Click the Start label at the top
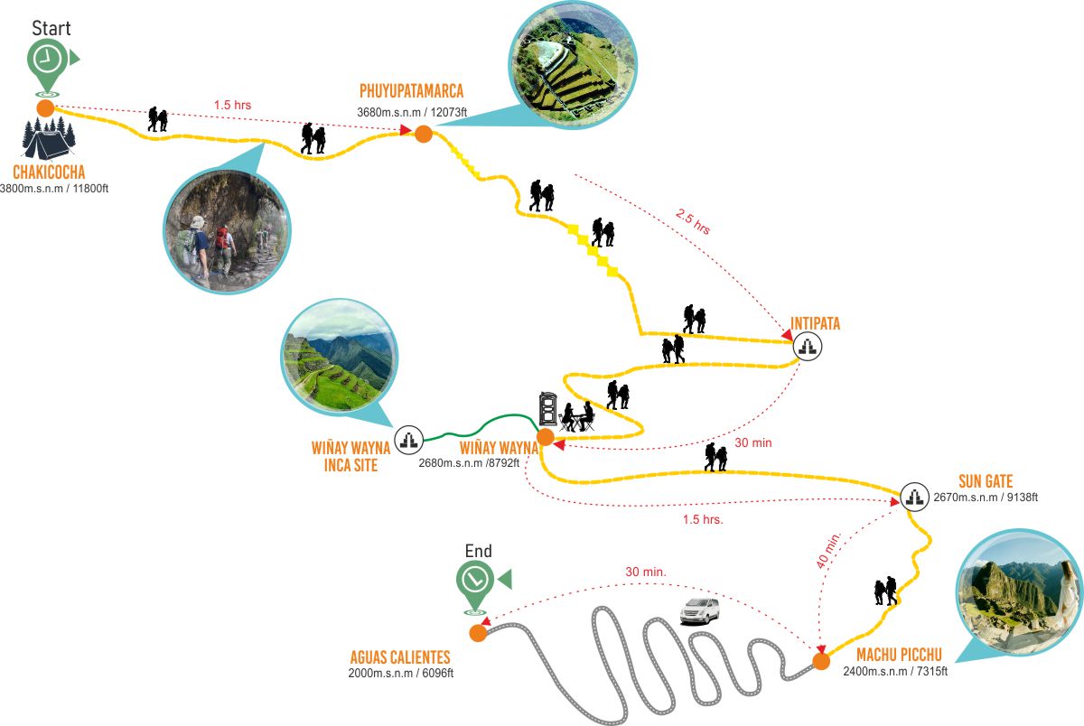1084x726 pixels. click(51, 28)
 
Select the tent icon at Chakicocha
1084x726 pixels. click(49, 138)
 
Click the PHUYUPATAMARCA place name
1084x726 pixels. click(411, 91)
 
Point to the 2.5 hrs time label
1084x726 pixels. click(694, 222)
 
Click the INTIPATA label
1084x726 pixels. click(815, 323)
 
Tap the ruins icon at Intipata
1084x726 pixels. click(808, 347)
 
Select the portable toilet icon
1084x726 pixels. click(548, 409)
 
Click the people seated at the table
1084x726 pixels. click(577, 417)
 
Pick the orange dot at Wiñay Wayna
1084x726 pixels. click(546, 437)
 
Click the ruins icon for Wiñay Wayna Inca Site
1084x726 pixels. click(409, 440)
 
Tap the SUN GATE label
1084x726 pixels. click(986, 481)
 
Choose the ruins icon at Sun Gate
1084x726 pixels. click(914, 497)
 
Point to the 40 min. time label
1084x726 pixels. click(829, 551)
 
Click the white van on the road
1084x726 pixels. click(700, 611)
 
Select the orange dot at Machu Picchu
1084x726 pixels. click(821, 661)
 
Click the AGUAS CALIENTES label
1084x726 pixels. click(400, 657)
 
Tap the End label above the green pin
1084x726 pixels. click(478, 551)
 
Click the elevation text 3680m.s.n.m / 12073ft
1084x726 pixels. click(412, 112)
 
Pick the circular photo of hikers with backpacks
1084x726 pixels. click(227, 232)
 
